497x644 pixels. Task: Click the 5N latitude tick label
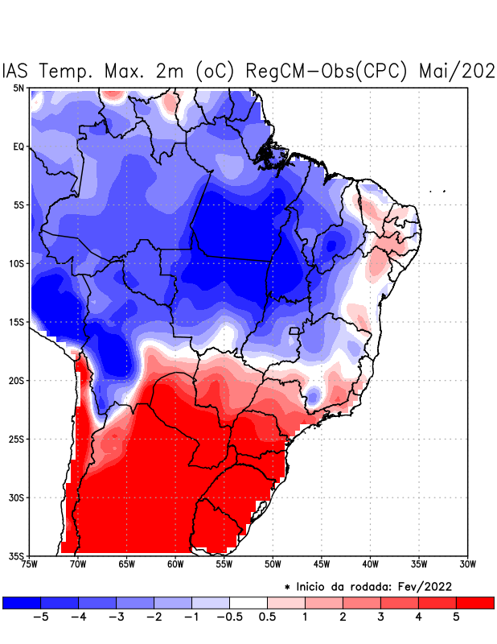click(18, 88)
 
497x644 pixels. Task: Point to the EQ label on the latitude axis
click(18, 147)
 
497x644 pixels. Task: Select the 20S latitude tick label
click(17, 380)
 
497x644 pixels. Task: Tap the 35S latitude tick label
click(17, 555)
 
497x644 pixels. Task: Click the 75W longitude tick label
click(29, 564)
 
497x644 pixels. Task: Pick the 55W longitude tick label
click(224, 564)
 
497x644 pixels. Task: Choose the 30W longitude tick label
click(468, 564)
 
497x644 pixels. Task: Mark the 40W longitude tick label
click(370, 564)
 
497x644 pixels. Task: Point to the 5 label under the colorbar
click(456, 617)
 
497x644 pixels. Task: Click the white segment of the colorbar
click(249, 602)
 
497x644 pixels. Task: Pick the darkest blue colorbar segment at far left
click(22, 602)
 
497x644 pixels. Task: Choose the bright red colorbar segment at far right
click(474, 602)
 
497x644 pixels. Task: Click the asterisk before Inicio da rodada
click(287, 588)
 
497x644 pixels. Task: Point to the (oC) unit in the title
click(216, 71)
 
